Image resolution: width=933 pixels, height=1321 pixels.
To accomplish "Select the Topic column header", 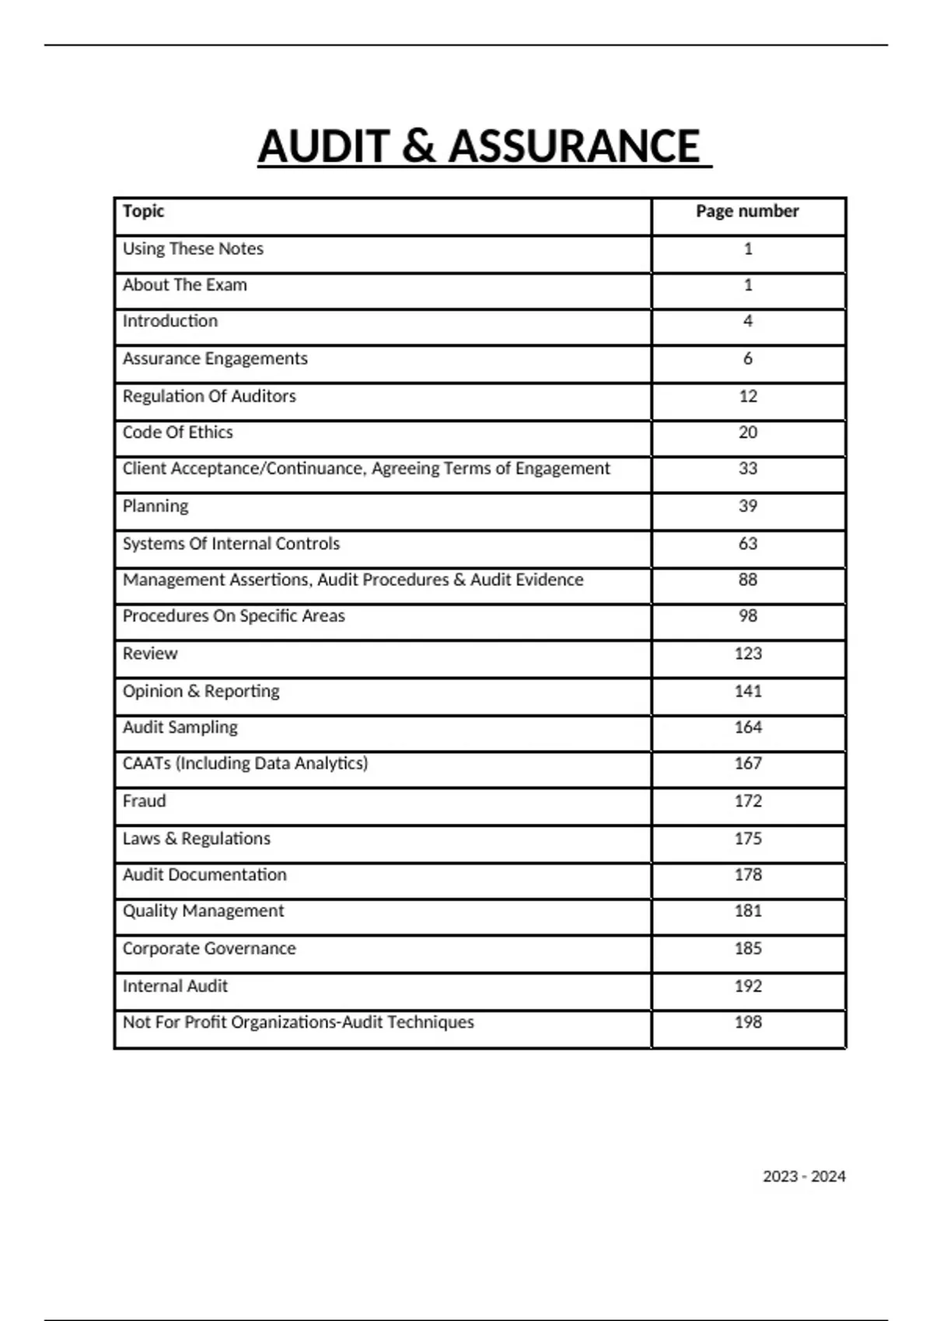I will (143, 211).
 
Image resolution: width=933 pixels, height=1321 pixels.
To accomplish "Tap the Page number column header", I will (747, 211).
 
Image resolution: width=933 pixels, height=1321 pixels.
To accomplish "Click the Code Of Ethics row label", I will (177, 433).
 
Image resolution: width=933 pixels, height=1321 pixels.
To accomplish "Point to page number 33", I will (748, 469).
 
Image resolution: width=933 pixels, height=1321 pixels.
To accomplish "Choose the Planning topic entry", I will (155, 507).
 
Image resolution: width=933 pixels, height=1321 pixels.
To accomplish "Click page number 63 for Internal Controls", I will (748, 544).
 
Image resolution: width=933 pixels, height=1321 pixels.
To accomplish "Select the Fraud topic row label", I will (144, 801).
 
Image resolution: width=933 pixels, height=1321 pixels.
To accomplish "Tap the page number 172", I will (748, 801).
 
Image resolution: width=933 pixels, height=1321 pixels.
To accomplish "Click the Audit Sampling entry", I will (180, 727).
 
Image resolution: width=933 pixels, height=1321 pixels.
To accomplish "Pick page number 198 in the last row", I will (748, 1023).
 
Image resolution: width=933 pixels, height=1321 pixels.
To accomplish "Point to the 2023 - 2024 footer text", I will (804, 1176).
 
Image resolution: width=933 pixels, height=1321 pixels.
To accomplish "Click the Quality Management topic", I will (203, 911).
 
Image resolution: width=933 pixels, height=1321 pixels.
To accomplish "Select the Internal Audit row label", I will (175, 986).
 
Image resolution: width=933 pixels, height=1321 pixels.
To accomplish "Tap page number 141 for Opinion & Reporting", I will (748, 692).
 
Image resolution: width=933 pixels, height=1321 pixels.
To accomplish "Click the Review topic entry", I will (150, 654).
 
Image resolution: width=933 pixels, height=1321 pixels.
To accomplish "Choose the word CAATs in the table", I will (146, 764).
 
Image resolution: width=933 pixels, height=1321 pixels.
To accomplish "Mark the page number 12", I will (748, 396).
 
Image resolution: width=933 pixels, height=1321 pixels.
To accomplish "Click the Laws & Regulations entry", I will (197, 839).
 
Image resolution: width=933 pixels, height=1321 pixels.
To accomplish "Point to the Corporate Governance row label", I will (209, 949).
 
